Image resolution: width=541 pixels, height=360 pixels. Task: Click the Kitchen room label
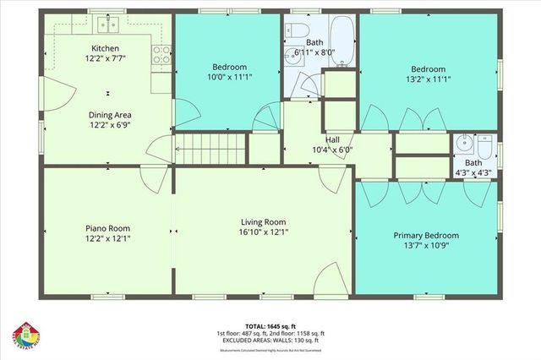coord(105,49)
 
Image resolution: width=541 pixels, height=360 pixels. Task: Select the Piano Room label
coord(107,227)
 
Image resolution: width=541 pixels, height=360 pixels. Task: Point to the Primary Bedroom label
coord(427,235)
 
